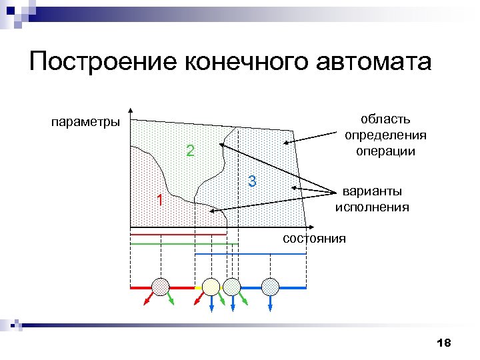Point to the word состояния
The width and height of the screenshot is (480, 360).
tap(314, 238)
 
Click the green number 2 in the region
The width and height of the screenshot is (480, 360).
tap(190, 151)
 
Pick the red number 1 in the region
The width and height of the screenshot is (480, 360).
tap(159, 200)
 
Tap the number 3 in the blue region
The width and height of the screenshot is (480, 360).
tap(252, 181)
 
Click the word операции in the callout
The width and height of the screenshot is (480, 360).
tap(385, 151)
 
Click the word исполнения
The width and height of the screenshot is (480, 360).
tap(372, 207)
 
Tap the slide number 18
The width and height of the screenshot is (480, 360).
tap(443, 343)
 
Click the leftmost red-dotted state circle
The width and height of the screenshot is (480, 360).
tap(161, 287)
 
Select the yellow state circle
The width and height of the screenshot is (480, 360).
tap(211, 287)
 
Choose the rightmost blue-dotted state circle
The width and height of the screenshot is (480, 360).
tap(270, 287)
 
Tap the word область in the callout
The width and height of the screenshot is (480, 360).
tap(385, 120)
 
